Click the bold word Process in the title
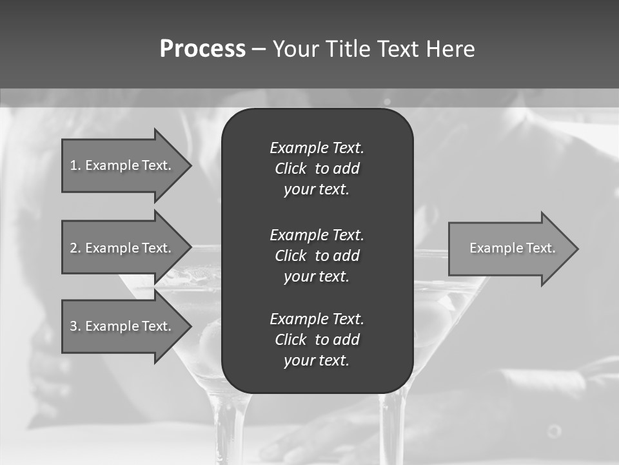click(x=202, y=49)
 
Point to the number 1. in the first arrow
click(x=75, y=165)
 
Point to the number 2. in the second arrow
click(x=75, y=248)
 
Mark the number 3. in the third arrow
click(x=75, y=326)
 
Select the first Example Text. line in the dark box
click(x=317, y=148)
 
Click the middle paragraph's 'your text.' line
click(x=317, y=276)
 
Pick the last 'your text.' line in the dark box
click(x=317, y=361)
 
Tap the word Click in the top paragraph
click(x=291, y=169)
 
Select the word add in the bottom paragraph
click(x=347, y=340)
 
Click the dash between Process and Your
click(x=259, y=49)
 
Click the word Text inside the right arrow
click(x=541, y=248)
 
